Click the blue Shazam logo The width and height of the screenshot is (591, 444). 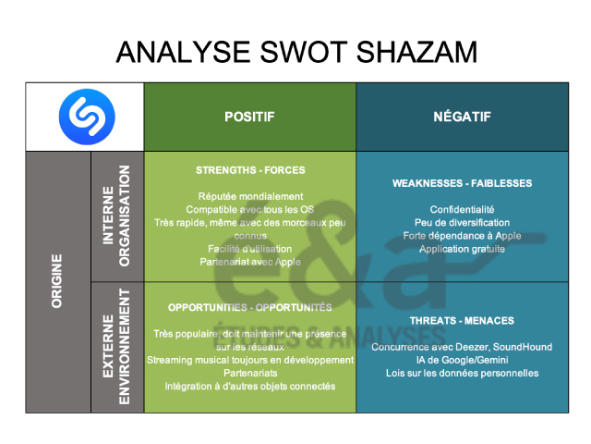(85, 117)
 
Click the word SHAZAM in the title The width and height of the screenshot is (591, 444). (420, 52)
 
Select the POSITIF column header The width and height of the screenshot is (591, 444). (249, 117)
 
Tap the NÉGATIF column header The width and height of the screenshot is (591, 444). (462, 117)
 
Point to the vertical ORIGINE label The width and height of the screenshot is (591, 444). (57, 281)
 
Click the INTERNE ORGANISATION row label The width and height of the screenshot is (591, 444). (116, 216)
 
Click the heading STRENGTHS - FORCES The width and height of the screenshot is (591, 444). (249, 170)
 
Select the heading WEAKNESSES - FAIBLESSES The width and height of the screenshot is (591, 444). (462, 183)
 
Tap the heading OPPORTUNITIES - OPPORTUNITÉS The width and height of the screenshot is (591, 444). (249, 307)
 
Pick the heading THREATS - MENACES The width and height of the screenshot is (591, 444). (462, 321)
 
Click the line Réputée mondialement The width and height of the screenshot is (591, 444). (250, 196)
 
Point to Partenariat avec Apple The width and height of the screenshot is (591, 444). (250, 262)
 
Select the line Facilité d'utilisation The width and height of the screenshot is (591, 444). (250, 249)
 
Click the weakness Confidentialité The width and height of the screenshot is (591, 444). (462, 210)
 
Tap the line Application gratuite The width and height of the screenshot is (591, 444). (462, 249)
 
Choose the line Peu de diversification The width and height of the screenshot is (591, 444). (462, 223)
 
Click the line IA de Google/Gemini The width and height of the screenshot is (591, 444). (462, 360)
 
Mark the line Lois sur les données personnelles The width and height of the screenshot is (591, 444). (462, 373)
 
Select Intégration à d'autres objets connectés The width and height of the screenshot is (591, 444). (250, 386)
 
